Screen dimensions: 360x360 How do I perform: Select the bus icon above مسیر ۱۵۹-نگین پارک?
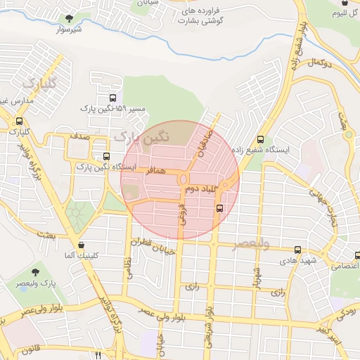[113, 98]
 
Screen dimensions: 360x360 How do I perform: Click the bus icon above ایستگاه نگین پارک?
[106, 157]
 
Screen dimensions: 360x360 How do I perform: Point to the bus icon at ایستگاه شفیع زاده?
[261, 139]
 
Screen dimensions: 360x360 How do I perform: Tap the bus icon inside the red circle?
[219, 208]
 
